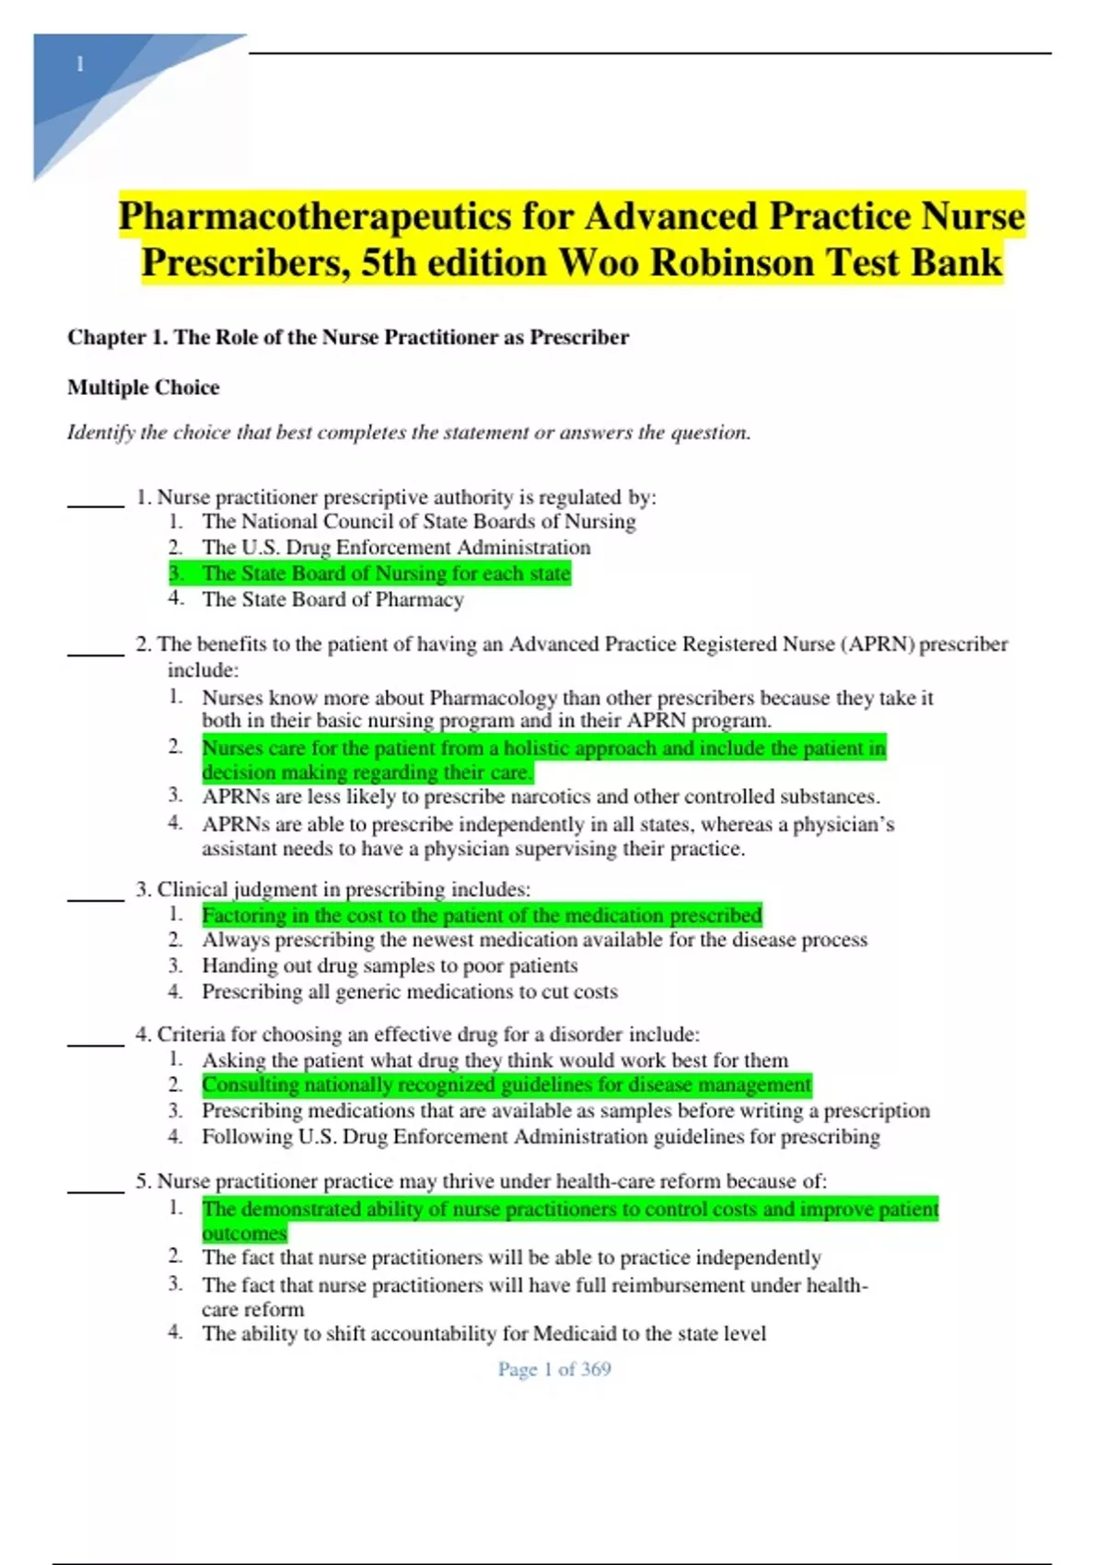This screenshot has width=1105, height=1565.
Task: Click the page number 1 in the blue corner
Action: (80, 64)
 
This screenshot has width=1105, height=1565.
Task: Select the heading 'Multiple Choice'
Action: (143, 388)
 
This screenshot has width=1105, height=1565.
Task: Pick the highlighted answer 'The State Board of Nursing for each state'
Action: (385, 574)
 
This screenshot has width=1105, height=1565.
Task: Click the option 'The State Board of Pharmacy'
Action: (332, 599)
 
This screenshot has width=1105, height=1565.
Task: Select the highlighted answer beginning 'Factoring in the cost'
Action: (481, 915)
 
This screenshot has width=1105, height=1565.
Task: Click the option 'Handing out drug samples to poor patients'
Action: (390, 966)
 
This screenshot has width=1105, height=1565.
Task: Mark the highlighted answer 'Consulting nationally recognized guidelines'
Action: (506, 1085)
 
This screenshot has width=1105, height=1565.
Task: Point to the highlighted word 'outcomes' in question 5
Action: (244, 1234)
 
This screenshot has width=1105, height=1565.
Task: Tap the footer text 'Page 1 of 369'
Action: (554, 1370)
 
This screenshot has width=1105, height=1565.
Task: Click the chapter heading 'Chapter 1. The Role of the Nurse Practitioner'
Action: (348, 337)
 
